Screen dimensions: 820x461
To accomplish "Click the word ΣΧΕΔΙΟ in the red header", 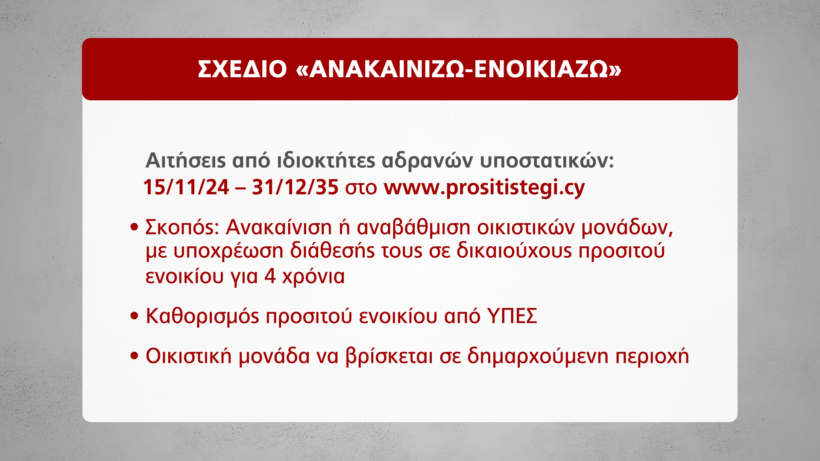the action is tap(242, 69).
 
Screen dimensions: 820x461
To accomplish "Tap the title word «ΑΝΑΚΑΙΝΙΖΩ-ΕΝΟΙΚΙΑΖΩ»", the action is tap(459, 69).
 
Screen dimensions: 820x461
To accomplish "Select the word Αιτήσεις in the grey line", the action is tap(185, 160).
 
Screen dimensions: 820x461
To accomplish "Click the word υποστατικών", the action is tap(547, 161).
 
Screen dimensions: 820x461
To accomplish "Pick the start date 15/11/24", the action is tap(186, 187).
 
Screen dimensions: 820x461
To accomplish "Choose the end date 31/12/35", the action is tap(295, 187).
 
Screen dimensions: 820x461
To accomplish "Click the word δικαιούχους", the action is tap(514, 251).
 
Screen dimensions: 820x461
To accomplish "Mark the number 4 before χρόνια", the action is tap(270, 276).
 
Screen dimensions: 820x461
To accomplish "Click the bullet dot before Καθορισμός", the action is tap(135, 316).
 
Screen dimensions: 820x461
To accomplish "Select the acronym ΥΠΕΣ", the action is tap(512, 316).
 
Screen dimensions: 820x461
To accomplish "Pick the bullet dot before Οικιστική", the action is tap(135, 356).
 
